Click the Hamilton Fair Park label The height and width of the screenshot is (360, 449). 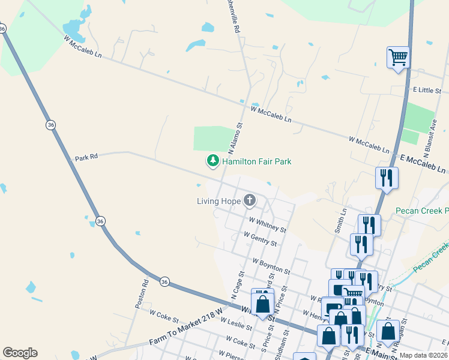point(256,161)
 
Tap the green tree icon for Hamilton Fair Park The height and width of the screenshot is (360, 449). point(212,161)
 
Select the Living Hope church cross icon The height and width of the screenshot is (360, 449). point(249,200)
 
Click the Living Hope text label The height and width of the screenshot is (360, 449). point(218,201)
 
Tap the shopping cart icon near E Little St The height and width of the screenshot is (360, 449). point(398,58)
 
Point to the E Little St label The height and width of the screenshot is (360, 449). point(427,90)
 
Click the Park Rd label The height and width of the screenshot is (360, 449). point(86,158)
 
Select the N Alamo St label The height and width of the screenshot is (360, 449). point(235,137)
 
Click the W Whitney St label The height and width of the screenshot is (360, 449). point(267,225)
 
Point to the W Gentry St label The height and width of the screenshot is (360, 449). point(259,239)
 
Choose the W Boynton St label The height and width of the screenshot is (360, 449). point(271,267)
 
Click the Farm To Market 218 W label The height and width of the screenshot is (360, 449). point(185,334)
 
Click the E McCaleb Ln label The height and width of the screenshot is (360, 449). point(424,161)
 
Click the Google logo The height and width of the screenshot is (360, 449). point(20,353)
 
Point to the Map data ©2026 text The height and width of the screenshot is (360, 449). point(423,355)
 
